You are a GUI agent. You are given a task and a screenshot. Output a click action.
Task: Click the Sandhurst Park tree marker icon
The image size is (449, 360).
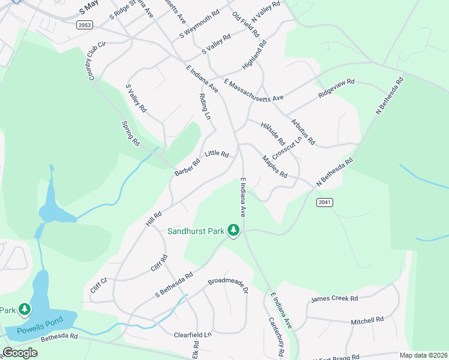[234, 230]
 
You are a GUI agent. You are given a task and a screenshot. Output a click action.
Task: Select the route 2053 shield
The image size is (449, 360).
[85, 24]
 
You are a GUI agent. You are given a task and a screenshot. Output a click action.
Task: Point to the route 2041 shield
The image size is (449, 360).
[324, 203]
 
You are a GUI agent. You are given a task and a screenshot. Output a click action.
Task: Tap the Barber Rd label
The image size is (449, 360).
[187, 167]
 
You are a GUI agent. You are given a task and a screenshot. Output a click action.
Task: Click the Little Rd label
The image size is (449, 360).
[217, 154]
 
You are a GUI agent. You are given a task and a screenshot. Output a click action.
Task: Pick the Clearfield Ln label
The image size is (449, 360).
[193, 334]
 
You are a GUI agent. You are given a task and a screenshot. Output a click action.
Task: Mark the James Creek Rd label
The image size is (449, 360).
[334, 298]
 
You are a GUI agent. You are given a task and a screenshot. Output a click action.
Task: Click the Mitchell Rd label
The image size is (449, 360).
[367, 320]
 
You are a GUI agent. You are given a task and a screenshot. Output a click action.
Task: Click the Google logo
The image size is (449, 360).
[20, 353]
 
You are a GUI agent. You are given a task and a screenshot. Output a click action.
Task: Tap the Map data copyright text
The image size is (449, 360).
[423, 355]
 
